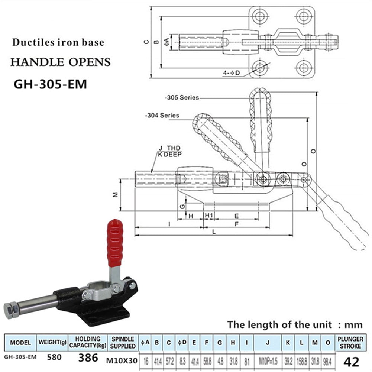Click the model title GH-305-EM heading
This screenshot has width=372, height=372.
tap(50, 84)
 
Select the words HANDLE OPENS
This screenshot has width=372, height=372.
tap(60, 62)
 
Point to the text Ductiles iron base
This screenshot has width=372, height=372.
tap(58, 42)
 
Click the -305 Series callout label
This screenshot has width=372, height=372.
tap(182, 98)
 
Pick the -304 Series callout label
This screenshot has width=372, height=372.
tap(162, 115)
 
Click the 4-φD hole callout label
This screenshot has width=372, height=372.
tap(232, 73)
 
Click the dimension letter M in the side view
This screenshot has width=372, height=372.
tap(115, 194)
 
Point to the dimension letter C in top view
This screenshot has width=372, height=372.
tap(146, 42)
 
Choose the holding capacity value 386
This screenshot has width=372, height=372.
tap(88, 358)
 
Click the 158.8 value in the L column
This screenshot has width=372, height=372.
tap(301, 360)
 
